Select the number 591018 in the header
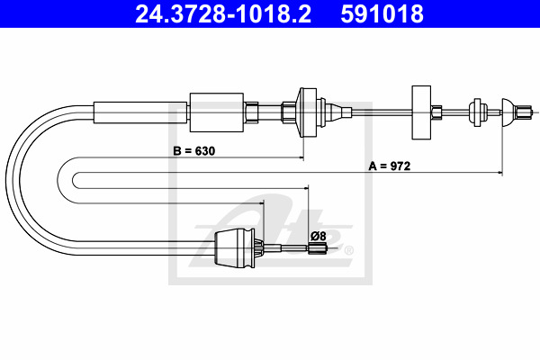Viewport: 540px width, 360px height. (x=381, y=15)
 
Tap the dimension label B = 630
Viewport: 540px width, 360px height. (x=194, y=151)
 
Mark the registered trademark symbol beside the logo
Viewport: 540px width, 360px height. (x=349, y=249)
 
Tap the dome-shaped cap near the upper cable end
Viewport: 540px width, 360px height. (x=507, y=112)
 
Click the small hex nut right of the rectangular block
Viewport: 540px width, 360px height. (x=436, y=112)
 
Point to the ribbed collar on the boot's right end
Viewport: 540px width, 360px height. (x=259, y=248)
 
